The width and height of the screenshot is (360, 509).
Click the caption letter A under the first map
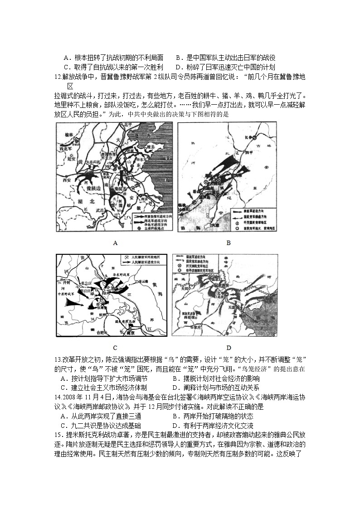click(x=115, y=243)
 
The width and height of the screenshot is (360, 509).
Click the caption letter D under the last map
click(x=229, y=348)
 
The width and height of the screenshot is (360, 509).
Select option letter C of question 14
click(x=63, y=426)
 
